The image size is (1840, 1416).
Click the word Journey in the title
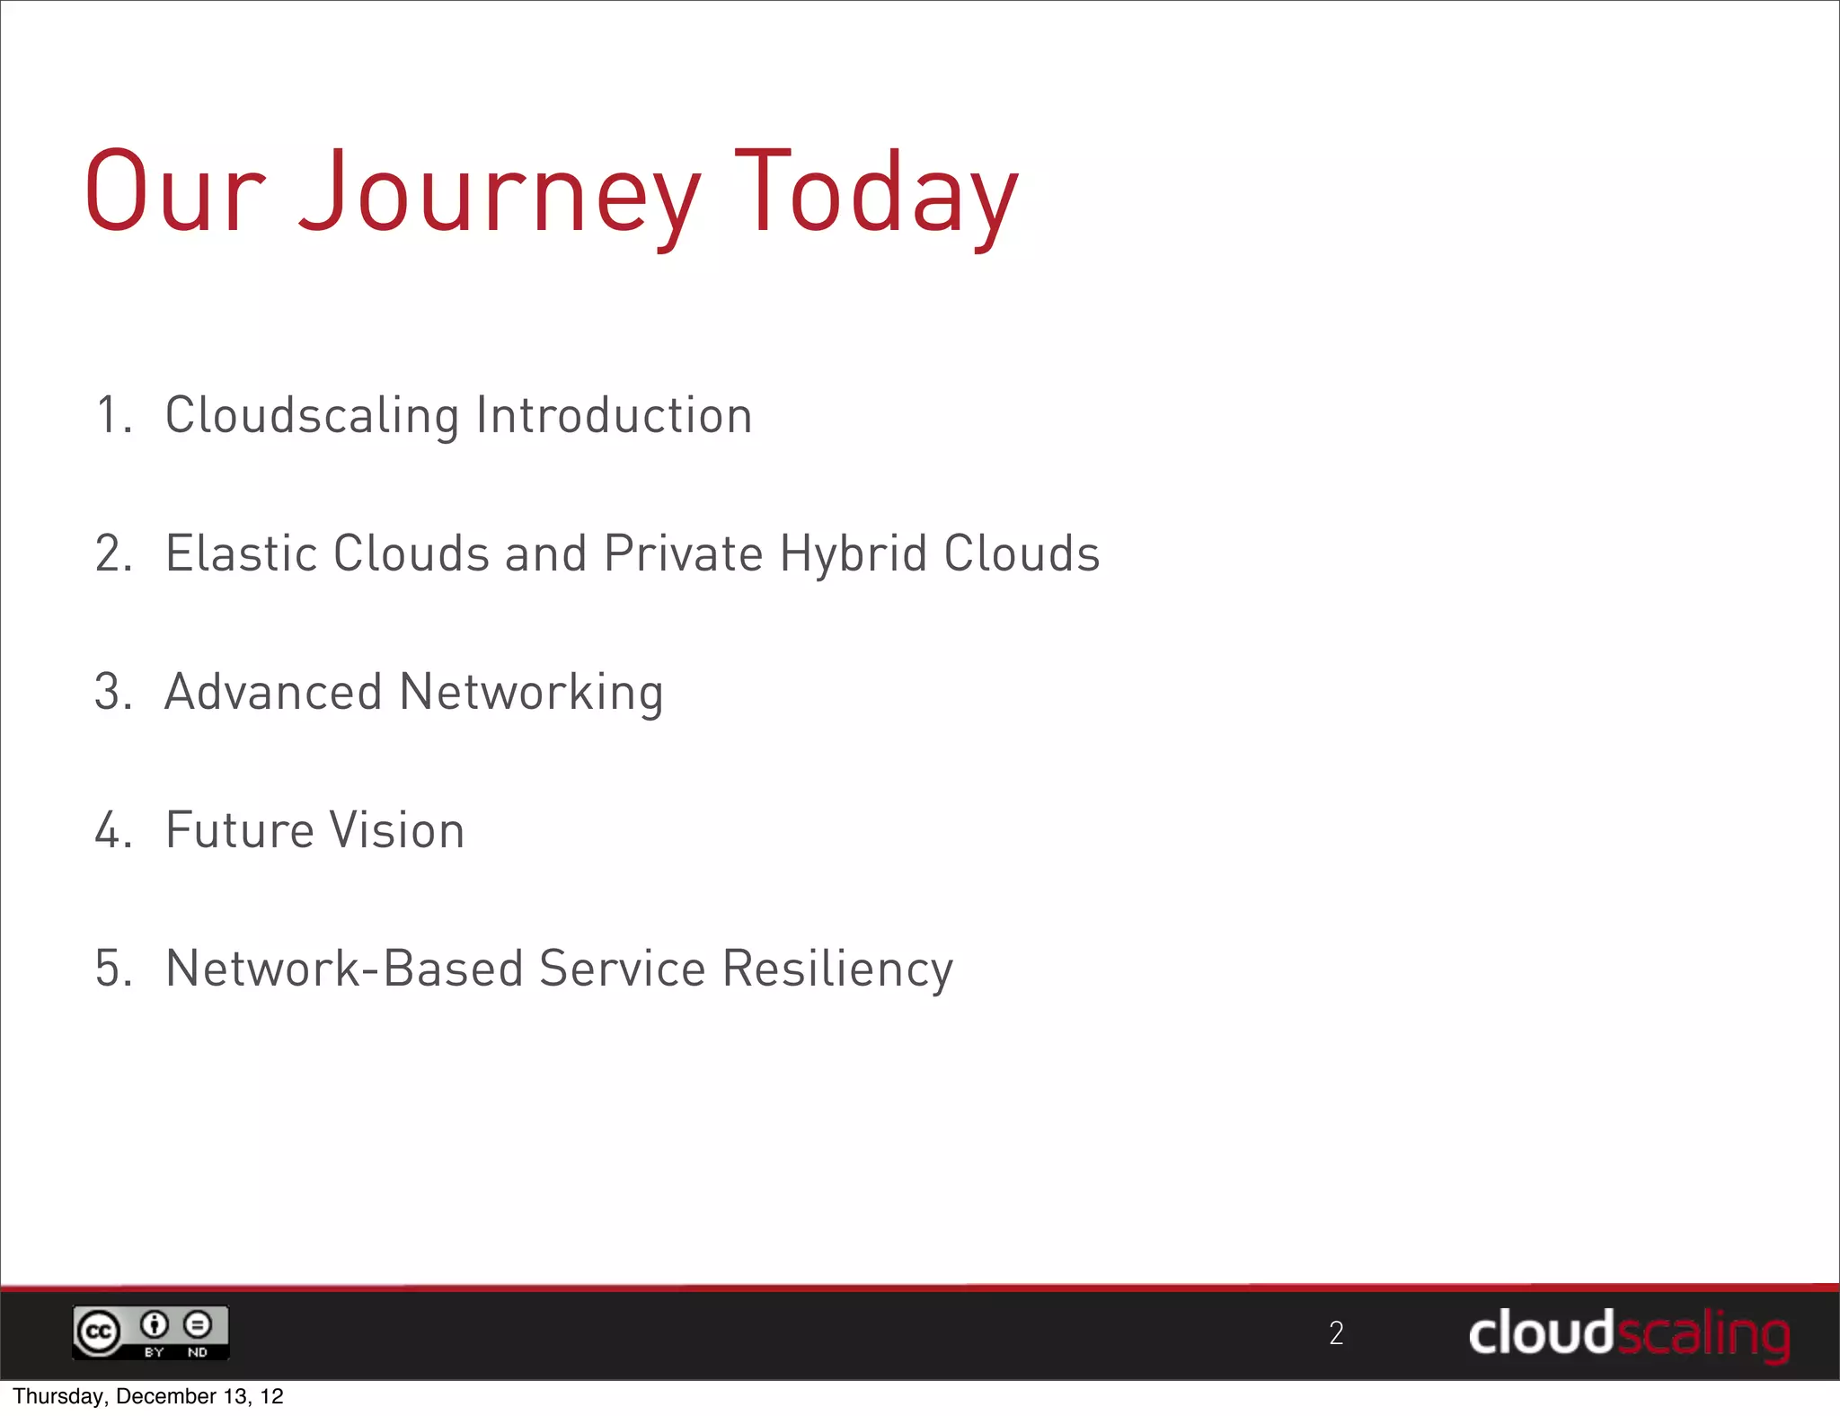click(x=499, y=193)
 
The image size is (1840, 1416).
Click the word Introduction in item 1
click(x=614, y=415)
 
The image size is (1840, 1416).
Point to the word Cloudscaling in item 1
click(x=312, y=417)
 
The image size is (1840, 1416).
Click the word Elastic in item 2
click(x=241, y=553)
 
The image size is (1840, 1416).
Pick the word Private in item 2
click(x=684, y=553)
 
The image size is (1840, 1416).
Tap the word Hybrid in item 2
click(x=853, y=555)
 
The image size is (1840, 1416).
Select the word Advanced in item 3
click(x=273, y=692)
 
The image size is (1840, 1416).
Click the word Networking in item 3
click(x=531, y=694)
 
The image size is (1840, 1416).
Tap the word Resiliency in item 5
click(x=837, y=970)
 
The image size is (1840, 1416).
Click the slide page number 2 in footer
click(x=1336, y=1333)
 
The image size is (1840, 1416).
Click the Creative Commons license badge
click(x=150, y=1332)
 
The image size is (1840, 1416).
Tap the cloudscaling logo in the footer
click(x=1629, y=1334)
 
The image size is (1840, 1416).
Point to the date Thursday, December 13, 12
click(x=148, y=1396)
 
